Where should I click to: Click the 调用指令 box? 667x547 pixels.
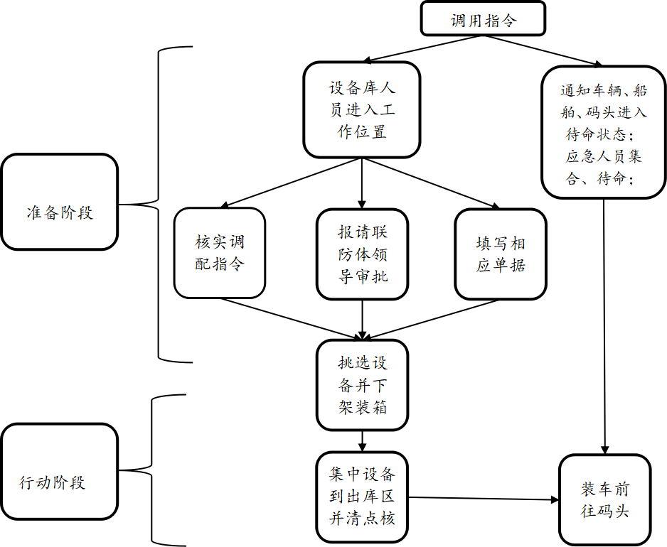click(483, 19)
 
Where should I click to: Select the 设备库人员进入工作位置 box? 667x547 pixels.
click(361, 109)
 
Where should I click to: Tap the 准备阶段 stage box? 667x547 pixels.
click(59, 212)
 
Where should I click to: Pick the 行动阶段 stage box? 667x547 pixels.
click(59, 482)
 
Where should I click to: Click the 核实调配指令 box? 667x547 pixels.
click(219, 253)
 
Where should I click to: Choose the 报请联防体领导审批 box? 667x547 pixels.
click(362, 254)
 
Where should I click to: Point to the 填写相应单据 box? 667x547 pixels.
click(500, 254)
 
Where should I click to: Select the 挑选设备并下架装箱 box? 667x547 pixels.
click(362, 385)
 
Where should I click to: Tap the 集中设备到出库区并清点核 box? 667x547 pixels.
click(362, 497)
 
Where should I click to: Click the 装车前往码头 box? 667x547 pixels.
click(604, 500)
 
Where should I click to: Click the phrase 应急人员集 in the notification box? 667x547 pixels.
click(604, 157)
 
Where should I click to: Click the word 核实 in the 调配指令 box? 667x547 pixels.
click(211, 242)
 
